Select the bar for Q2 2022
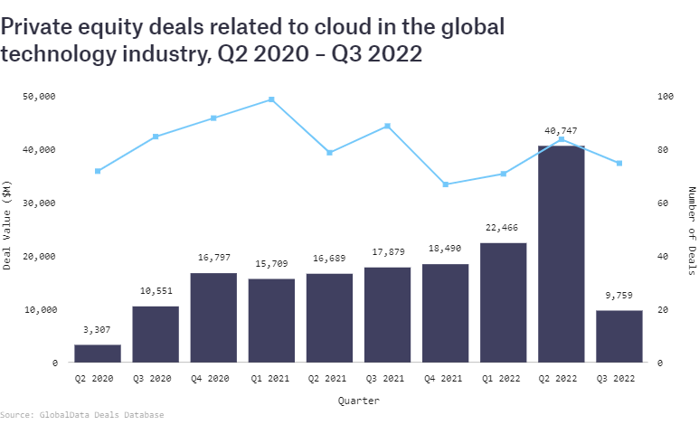561,254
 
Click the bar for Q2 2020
97,354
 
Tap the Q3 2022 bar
619,336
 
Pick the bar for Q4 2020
213,317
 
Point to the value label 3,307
98,330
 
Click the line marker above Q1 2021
271,99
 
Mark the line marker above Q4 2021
445,184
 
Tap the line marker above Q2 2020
98,171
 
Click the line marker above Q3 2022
619,164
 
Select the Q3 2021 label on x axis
387,378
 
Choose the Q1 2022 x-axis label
503,378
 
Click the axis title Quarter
358,400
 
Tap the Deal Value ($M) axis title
7,226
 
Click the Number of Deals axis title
692,227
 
